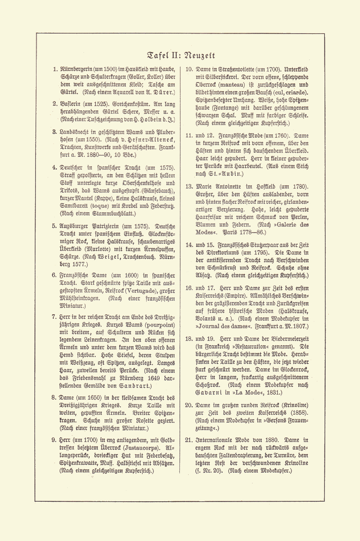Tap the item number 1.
tap(55, 70)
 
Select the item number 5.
tap(55, 226)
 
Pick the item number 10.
tap(189, 70)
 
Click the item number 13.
tap(189, 187)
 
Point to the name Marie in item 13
tap(204, 187)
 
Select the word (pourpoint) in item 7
tap(157, 325)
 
